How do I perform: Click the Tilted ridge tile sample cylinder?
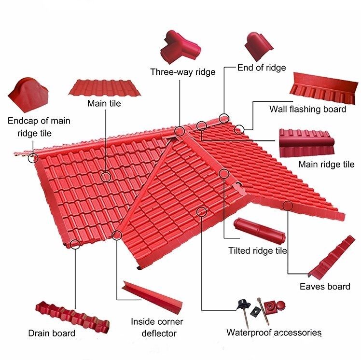(260, 231)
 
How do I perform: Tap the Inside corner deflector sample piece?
(153, 297)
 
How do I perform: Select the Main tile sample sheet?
(105, 88)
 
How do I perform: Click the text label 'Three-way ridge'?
(183, 72)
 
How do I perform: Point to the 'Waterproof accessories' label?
(274, 332)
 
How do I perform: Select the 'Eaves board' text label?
(325, 287)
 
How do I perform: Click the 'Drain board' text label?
(52, 333)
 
